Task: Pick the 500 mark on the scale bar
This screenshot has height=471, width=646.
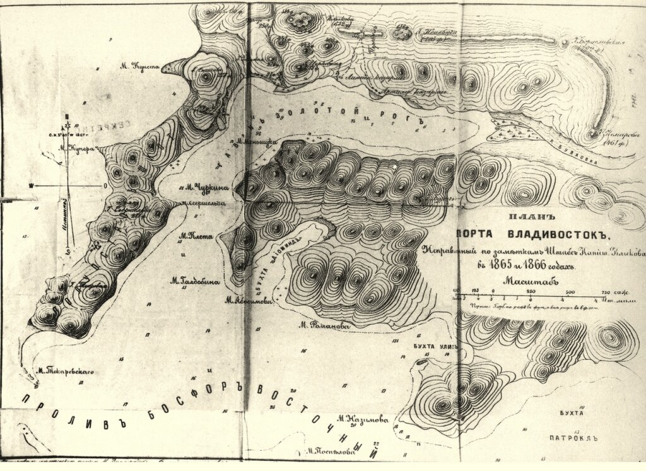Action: coord(570,291)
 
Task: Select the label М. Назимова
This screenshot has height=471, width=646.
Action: coord(361,418)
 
